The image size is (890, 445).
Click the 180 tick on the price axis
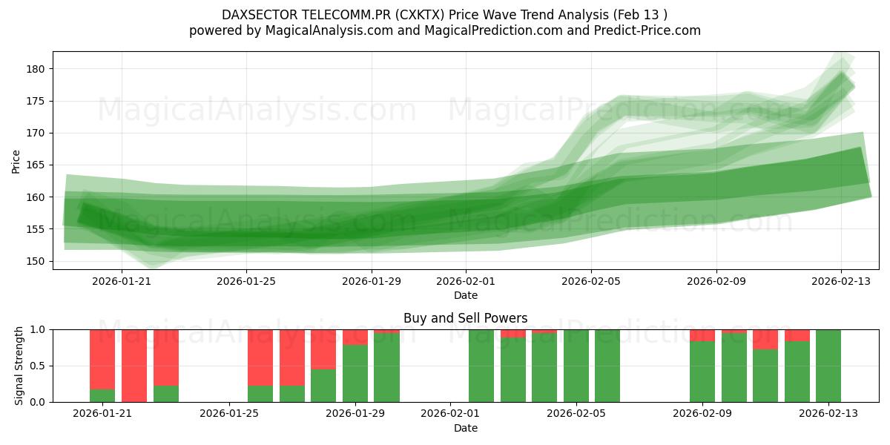(x=36, y=69)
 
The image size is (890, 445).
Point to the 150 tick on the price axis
(x=36, y=261)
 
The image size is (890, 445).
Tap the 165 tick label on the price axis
(x=36, y=165)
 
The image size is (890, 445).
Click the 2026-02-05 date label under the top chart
(x=591, y=281)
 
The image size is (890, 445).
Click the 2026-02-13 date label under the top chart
(x=840, y=281)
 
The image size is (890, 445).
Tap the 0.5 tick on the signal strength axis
(x=38, y=366)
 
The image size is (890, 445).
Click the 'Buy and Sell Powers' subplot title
(x=465, y=318)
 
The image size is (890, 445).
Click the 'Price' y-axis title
(x=16, y=160)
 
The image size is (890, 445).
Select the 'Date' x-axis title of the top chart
(x=465, y=295)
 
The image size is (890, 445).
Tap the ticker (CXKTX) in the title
(x=423, y=15)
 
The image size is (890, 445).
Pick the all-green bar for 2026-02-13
(x=828, y=366)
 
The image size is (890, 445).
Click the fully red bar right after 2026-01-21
(x=134, y=366)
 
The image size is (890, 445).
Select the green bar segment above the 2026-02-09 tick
(x=702, y=372)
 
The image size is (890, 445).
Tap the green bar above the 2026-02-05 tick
(x=576, y=366)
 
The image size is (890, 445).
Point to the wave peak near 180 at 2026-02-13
(x=842, y=74)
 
